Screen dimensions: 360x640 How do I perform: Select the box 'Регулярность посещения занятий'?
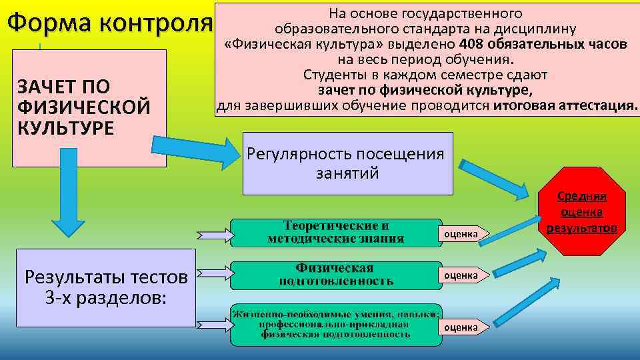click(345, 163)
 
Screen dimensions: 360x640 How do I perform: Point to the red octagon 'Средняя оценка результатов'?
click(582, 213)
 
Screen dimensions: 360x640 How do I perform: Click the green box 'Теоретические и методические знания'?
click(336, 233)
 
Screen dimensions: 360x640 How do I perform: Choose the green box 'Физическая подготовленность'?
click(336, 275)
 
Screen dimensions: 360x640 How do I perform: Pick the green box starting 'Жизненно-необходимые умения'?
click(336, 325)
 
